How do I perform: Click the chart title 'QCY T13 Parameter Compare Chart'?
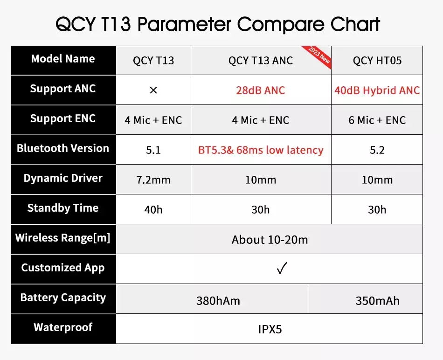[218, 24]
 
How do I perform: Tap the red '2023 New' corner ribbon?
[318, 56]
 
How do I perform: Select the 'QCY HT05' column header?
[377, 61]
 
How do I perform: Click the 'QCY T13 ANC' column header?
[261, 61]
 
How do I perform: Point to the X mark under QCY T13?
[153, 90]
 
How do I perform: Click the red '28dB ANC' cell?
[261, 90]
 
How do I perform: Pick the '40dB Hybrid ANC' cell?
[377, 90]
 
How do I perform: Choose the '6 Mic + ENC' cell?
[377, 120]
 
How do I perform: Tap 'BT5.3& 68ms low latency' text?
[261, 150]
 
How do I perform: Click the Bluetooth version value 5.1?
[153, 150]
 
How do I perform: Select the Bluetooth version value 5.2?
[377, 150]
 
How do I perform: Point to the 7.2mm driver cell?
[153, 180]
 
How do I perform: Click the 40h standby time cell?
[153, 210]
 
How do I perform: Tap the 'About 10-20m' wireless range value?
[270, 240]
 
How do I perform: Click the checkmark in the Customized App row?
[282, 268]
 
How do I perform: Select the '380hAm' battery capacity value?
[218, 301]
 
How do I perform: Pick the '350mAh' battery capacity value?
[377, 301]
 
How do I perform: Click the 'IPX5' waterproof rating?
[270, 329]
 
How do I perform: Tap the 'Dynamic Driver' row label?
[63, 178]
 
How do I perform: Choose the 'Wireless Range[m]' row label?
[63, 238]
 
